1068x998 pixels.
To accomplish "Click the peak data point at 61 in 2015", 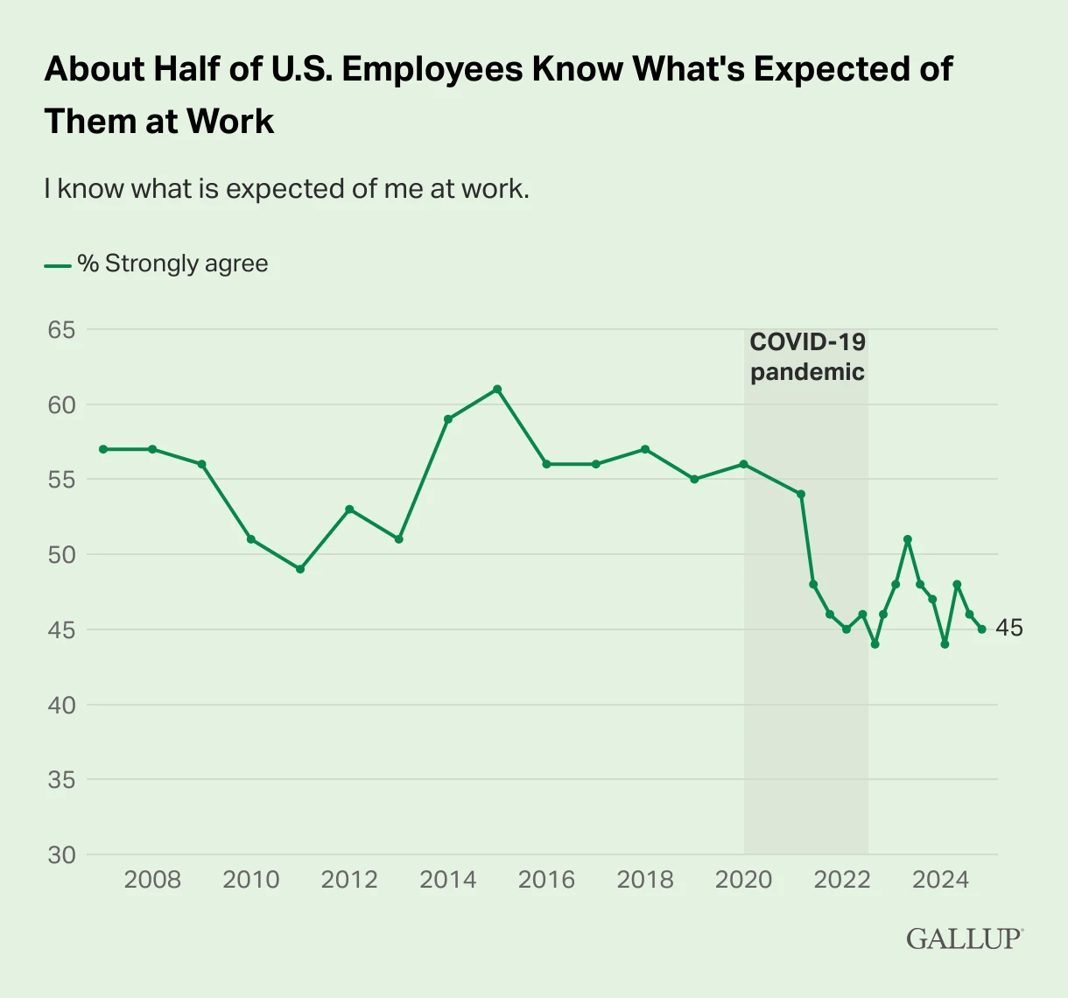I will pyautogui.click(x=497, y=389).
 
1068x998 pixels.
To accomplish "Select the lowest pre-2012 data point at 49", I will pyautogui.click(x=300, y=569).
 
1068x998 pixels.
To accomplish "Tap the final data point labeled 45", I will pyautogui.click(x=982, y=629).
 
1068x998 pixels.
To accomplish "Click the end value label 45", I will pyautogui.click(x=1008, y=629).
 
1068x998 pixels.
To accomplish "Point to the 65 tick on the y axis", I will pyautogui.click(x=61, y=330).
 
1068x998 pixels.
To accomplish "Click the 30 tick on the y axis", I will pyautogui.click(x=61, y=854).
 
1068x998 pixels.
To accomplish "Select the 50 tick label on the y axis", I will pyautogui.click(x=61, y=555).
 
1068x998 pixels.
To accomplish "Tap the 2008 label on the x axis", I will pyautogui.click(x=152, y=880).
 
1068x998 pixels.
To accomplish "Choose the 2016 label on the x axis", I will pyautogui.click(x=546, y=880).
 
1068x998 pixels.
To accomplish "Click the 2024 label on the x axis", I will pyautogui.click(x=941, y=880).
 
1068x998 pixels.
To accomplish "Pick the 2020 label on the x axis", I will pyautogui.click(x=744, y=880).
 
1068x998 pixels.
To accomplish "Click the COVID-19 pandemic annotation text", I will pyautogui.click(x=807, y=356).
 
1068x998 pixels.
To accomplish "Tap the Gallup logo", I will pyautogui.click(x=964, y=938).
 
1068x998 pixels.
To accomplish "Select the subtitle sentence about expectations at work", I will pyautogui.click(x=286, y=188).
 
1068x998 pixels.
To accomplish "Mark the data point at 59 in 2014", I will pyautogui.click(x=448, y=419).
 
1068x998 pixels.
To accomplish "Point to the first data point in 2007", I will pyautogui.click(x=103, y=449).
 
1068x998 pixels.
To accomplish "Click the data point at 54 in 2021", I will pyautogui.click(x=801, y=494).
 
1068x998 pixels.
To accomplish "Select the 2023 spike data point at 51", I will pyautogui.click(x=908, y=539).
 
